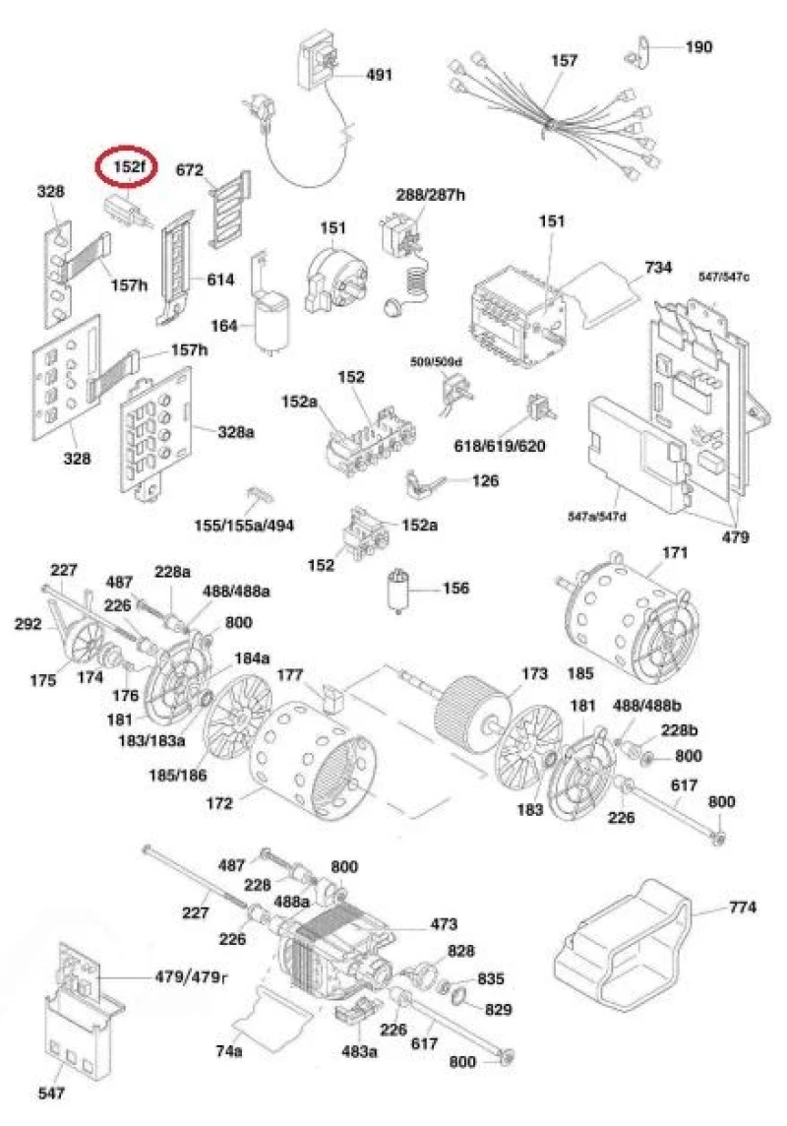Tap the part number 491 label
pyautogui.click(x=379, y=74)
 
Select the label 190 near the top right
pyautogui.click(x=698, y=47)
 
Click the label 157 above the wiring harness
pyautogui.click(x=564, y=60)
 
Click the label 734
pyautogui.click(x=658, y=268)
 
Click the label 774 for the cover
pyautogui.click(x=743, y=907)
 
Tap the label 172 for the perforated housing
pyautogui.click(x=219, y=803)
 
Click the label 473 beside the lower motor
pyautogui.click(x=444, y=924)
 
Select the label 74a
pyautogui.click(x=229, y=1051)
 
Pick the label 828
pyautogui.click(x=461, y=952)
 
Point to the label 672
pyautogui.click(x=189, y=170)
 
